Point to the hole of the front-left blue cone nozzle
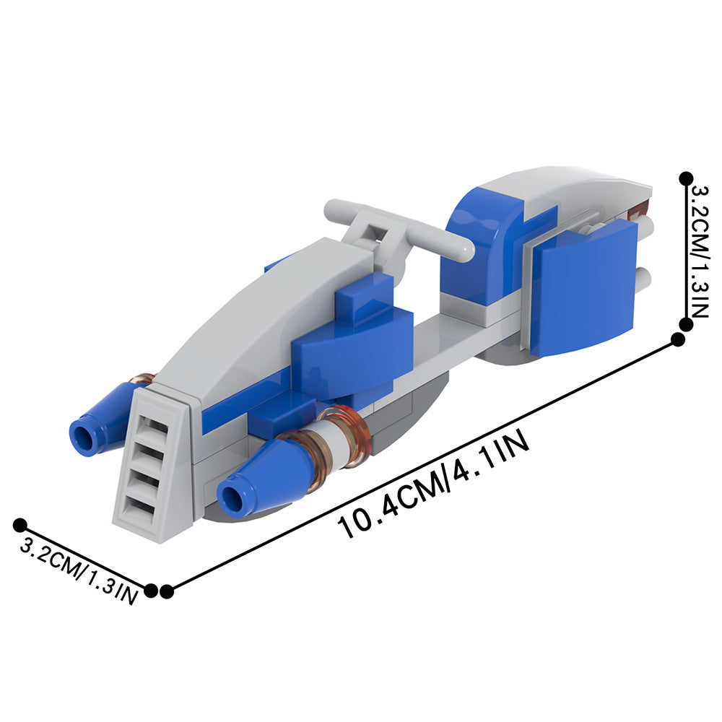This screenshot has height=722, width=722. [x=84, y=435]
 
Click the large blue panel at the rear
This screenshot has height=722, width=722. [x=583, y=288]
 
